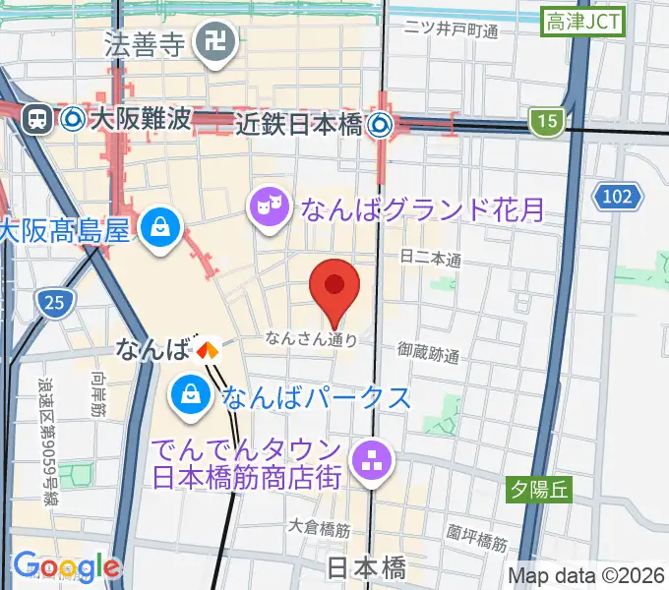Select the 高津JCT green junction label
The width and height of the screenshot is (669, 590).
pyautogui.click(x=584, y=21)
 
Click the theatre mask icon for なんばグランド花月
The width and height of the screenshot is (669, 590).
pyautogui.click(x=266, y=206)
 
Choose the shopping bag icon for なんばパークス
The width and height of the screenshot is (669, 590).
pyautogui.click(x=187, y=396)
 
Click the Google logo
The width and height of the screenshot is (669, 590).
pyautogui.click(x=67, y=567)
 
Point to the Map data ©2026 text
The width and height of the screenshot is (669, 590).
pyautogui.click(x=586, y=575)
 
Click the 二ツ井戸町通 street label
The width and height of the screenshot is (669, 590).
pyautogui.click(x=452, y=30)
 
